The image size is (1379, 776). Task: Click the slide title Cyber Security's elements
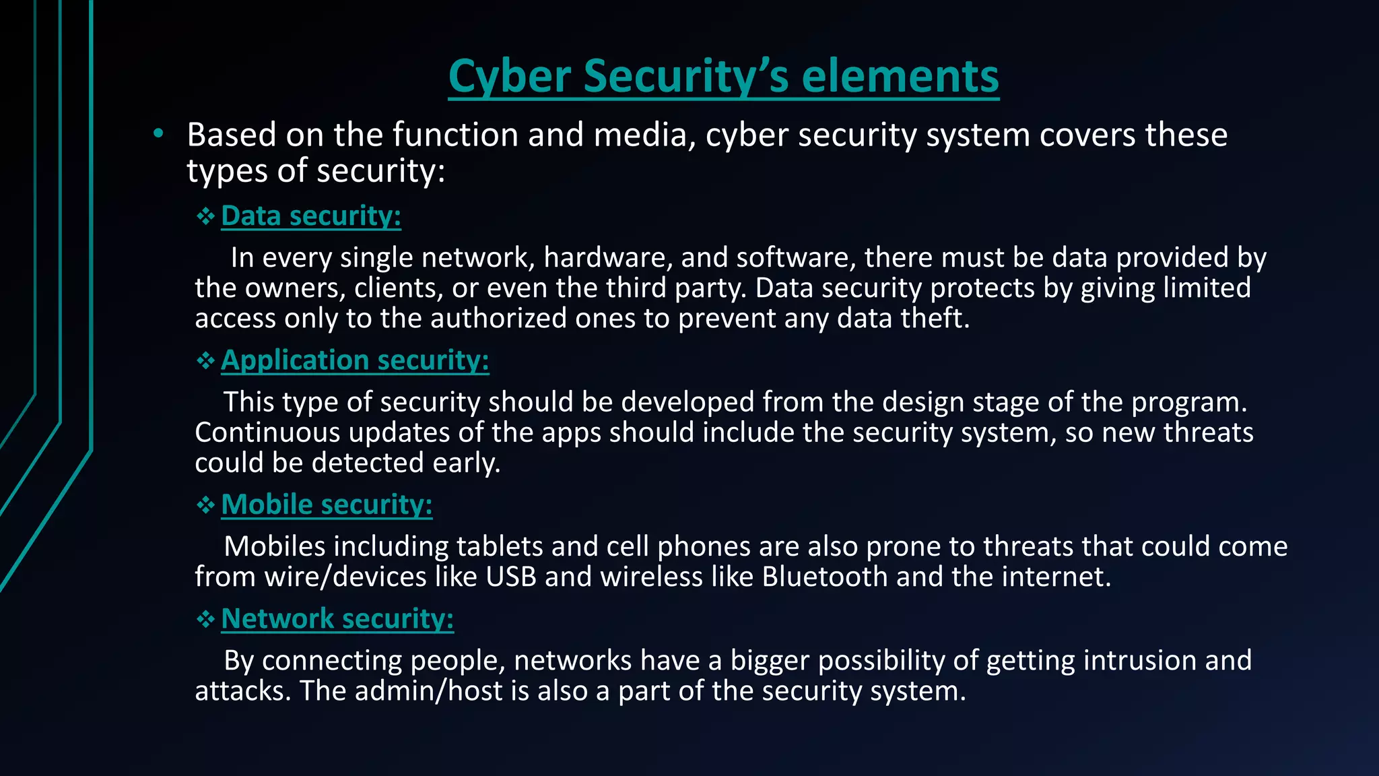pos(724,76)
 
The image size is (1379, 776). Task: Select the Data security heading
pos(311,216)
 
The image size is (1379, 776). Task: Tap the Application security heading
pos(355,360)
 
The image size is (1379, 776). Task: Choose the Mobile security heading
pos(327,505)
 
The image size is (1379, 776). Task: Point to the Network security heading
pos(337,619)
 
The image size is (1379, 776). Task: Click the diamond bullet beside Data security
pos(205,216)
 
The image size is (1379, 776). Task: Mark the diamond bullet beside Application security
pos(205,361)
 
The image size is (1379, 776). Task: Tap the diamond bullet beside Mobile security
pos(205,505)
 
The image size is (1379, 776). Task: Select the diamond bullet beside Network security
pos(205,620)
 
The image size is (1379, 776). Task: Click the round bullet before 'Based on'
pos(158,134)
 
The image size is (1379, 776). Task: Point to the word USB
pos(511,577)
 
